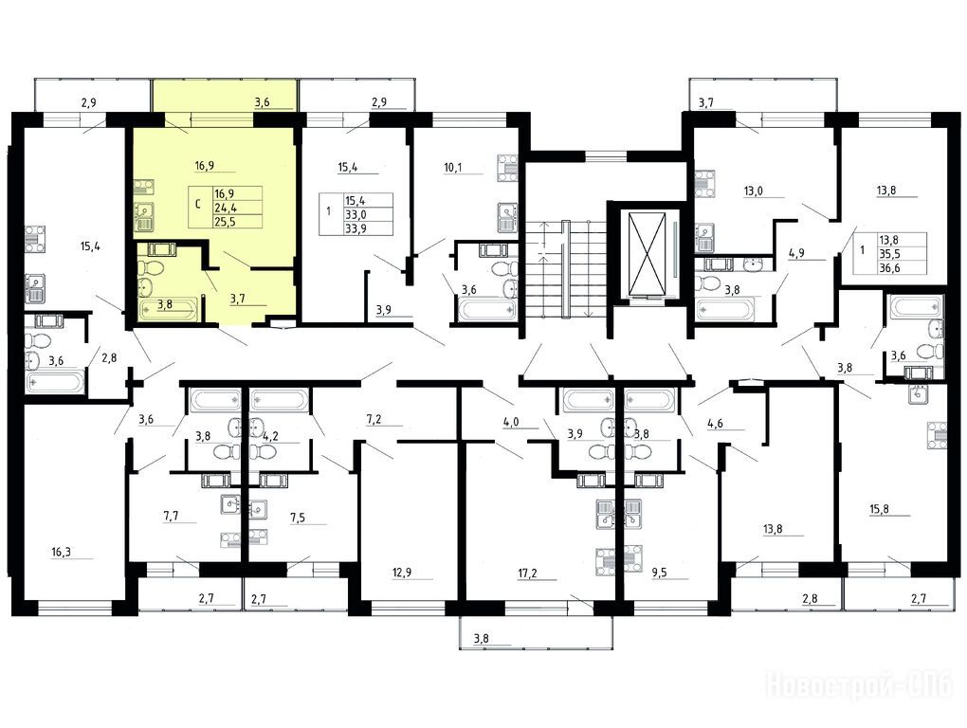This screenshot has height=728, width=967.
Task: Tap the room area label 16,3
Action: [x=61, y=552]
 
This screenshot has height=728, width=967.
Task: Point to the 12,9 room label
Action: [x=401, y=573]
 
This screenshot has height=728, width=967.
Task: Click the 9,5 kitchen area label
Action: [x=660, y=573]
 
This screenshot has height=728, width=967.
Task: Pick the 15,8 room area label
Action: [x=880, y=509]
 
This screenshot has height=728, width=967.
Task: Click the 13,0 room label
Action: [x=753, y=191]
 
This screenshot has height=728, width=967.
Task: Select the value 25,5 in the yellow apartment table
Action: [x=225, y=221]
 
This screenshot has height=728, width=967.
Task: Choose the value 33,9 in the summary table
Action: [x=355, y=228]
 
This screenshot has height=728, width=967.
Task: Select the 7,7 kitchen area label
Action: [x=171, y=516]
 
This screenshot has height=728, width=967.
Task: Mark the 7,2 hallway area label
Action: [x=374, y=419]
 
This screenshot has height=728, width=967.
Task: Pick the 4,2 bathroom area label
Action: [x=271, y=436]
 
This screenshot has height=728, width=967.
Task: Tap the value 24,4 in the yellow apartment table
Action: [x=225, y=208]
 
